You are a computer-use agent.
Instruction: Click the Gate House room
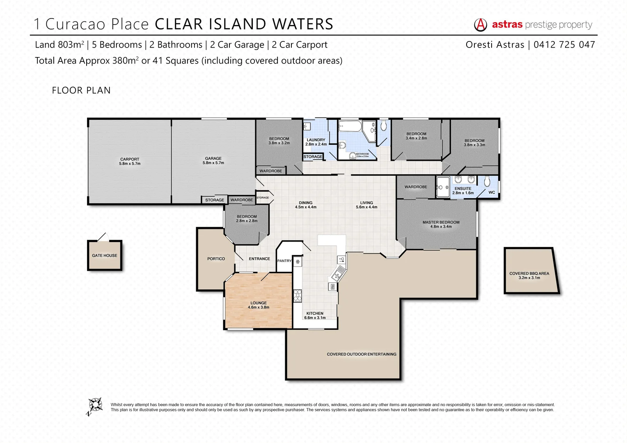(x=105, y=256)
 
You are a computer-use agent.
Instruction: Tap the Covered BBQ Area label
(x=529, y=276)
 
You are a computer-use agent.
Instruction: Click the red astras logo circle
(x=481, y=25)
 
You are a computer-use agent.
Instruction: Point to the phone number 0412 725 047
(x=564, y=45)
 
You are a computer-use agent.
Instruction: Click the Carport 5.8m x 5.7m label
(x=130, y=161)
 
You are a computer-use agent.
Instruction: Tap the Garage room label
(x=213, y=160)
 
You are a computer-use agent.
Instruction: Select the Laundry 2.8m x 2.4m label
(x=316, y=142)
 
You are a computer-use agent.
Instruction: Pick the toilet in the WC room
(x=487, y=181)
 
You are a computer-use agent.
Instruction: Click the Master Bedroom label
(x=441, y=224)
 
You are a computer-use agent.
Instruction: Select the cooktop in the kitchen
(x=297, y=296)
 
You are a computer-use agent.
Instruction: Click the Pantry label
(x=284, y=261)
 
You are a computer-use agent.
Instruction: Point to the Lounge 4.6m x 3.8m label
(x=259, y=305)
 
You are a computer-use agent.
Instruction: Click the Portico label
(x=216, y=259)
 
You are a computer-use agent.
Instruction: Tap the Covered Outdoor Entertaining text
(x=362, y=354)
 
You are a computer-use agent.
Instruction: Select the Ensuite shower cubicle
(x=443, y=187)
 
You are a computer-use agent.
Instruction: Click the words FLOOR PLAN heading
(x=81, y=90)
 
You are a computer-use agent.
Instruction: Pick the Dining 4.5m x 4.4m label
(x=306, y=205)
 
